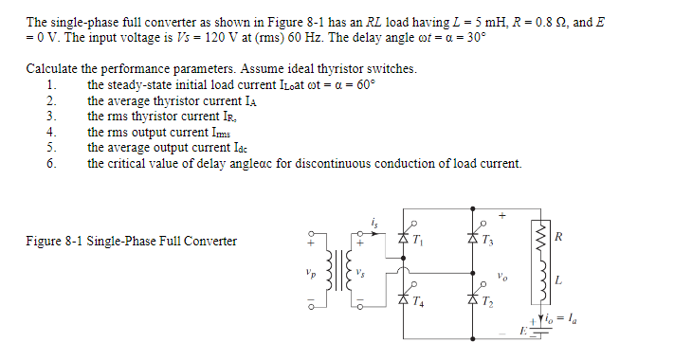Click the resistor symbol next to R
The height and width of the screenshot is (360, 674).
click(540, 234)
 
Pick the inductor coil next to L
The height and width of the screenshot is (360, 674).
click(540, 280)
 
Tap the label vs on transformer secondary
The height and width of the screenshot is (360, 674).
click(361, 274)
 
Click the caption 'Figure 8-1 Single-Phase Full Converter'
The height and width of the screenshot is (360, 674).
click(131, 241)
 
